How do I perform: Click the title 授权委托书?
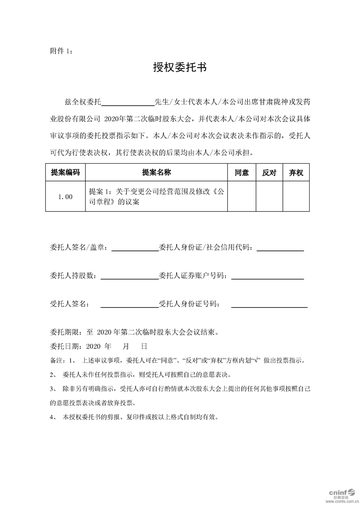tap(180, 68)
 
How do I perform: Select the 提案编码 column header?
tap(65, 172)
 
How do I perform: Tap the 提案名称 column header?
tap(156, 172)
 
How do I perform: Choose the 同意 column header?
tap(242, 172)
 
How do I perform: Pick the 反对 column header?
tap(269, 172)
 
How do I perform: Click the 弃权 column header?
tap(296, 172)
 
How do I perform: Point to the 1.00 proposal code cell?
tap(65, 197)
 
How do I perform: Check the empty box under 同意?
tap(242, 196)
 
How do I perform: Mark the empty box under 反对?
tap(269, 196)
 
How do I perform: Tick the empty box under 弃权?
tap(296, 196)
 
